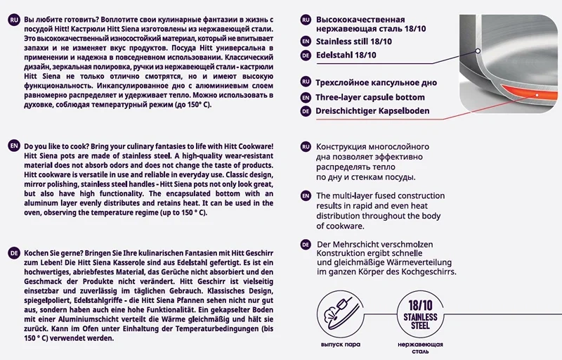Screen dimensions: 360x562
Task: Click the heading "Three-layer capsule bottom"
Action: pos(370,97)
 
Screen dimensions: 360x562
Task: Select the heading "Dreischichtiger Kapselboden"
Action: pos(372,111)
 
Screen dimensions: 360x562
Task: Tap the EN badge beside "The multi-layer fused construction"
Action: pos(305,195)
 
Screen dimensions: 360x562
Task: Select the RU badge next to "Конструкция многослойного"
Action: pos(305,146)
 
